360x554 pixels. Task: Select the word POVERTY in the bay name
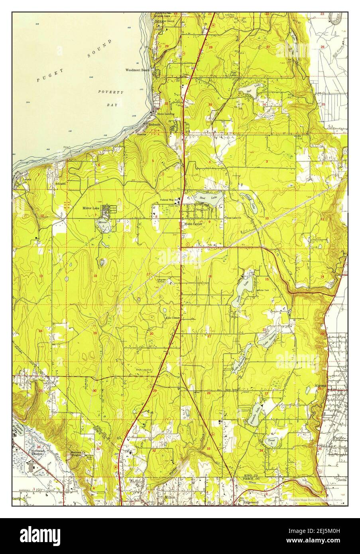[111, 92]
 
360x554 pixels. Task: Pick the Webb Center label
[193, 224]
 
